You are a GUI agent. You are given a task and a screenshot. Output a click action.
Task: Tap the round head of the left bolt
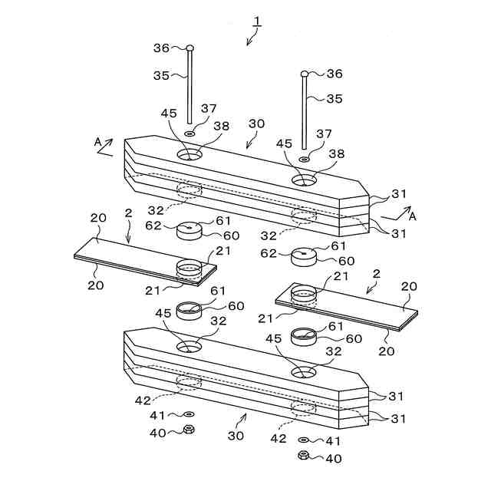[189, 48]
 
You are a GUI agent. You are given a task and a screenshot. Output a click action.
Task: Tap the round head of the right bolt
[305, 74]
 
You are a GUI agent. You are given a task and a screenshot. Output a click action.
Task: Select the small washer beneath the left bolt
[189, 133]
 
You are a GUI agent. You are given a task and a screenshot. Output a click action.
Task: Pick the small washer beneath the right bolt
[305, 159]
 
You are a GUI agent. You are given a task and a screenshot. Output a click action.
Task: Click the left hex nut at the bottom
[189, 430]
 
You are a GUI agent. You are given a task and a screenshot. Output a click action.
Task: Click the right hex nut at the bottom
[303, 456]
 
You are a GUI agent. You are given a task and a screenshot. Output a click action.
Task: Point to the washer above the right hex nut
[303, 441]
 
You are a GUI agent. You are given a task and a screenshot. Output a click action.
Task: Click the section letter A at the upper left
[97, 142]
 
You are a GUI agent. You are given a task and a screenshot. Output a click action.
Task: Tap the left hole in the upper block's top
[189, 155]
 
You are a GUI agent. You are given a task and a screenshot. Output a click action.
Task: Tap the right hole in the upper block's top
[304, 180]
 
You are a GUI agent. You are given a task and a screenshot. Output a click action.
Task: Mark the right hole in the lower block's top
[304, 371]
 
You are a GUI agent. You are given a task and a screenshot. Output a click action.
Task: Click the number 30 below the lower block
[236, 435]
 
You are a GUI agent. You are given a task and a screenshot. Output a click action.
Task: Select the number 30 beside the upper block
[256, 125]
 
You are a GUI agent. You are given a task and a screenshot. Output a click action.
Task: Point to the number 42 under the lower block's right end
[278, 438]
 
